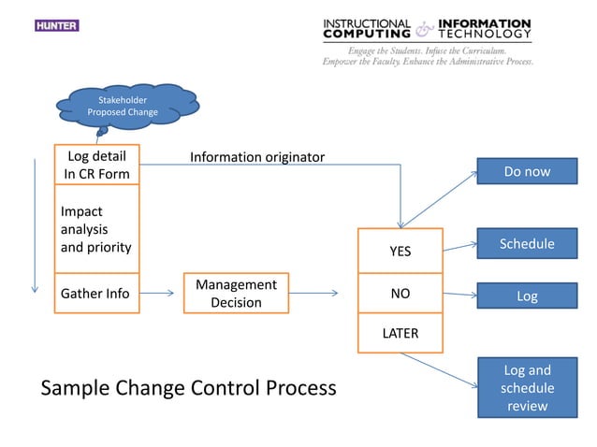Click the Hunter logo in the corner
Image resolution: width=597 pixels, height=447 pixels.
[56, 25]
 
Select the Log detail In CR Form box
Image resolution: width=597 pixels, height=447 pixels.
[95, 164]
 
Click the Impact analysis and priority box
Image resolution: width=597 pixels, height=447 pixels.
[95, 229]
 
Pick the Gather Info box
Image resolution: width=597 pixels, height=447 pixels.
[95, 294]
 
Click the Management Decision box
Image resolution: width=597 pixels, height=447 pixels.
[236, 293]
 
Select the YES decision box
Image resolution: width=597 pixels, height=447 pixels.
[400, 251]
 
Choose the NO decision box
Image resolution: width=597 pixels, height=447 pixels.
[400, 293]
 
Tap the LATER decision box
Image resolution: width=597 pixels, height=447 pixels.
[400, 333]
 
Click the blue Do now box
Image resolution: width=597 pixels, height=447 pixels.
[527, 171]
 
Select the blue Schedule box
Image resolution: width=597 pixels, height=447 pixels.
[527, 243]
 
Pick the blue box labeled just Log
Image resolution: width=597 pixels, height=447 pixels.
[527, 296]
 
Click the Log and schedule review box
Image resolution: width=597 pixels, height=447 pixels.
[527, 387]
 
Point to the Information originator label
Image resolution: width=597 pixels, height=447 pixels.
[257, 156]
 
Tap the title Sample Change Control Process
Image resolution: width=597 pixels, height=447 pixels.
[188, 387]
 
